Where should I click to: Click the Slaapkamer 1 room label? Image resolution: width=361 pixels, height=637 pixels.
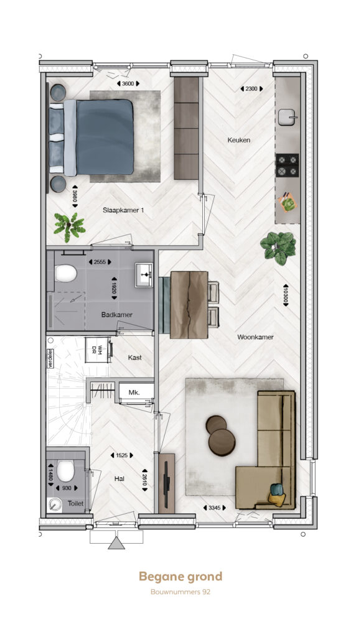(x=123, y=210)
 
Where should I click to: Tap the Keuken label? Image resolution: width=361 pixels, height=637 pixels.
(x=238, y=140)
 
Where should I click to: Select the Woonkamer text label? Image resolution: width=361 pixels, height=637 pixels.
(x=255, y=337)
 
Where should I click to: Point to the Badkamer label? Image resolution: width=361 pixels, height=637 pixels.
(x=116, y=314)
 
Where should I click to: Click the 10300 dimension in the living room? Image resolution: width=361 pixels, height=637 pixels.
(x=286, y=294)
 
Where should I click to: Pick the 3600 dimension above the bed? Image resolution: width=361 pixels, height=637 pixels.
(x=128, y=83)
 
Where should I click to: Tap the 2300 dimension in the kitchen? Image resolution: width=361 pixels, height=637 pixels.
(x=251, y=88)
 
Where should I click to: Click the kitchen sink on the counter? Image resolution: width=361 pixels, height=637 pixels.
(x=288, y=118)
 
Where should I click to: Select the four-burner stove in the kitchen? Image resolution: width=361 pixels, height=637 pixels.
(x=288, y=165)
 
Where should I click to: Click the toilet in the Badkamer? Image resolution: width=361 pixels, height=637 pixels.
(x=65, y=274)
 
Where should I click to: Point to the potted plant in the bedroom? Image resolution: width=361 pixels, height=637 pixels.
(x=70, y=226)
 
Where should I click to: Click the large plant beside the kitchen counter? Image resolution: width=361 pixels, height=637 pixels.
(x=278, y=248)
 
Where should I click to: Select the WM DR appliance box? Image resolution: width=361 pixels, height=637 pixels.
(x=98, y=350)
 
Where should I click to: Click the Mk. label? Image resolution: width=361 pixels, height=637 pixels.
(x=134, y=393)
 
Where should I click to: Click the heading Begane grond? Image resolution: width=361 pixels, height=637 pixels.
(x=180, y=577)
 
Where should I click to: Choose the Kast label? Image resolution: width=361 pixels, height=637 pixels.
(x=134, y=358)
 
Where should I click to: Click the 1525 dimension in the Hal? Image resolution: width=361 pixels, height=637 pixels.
(x=122, y=455)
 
